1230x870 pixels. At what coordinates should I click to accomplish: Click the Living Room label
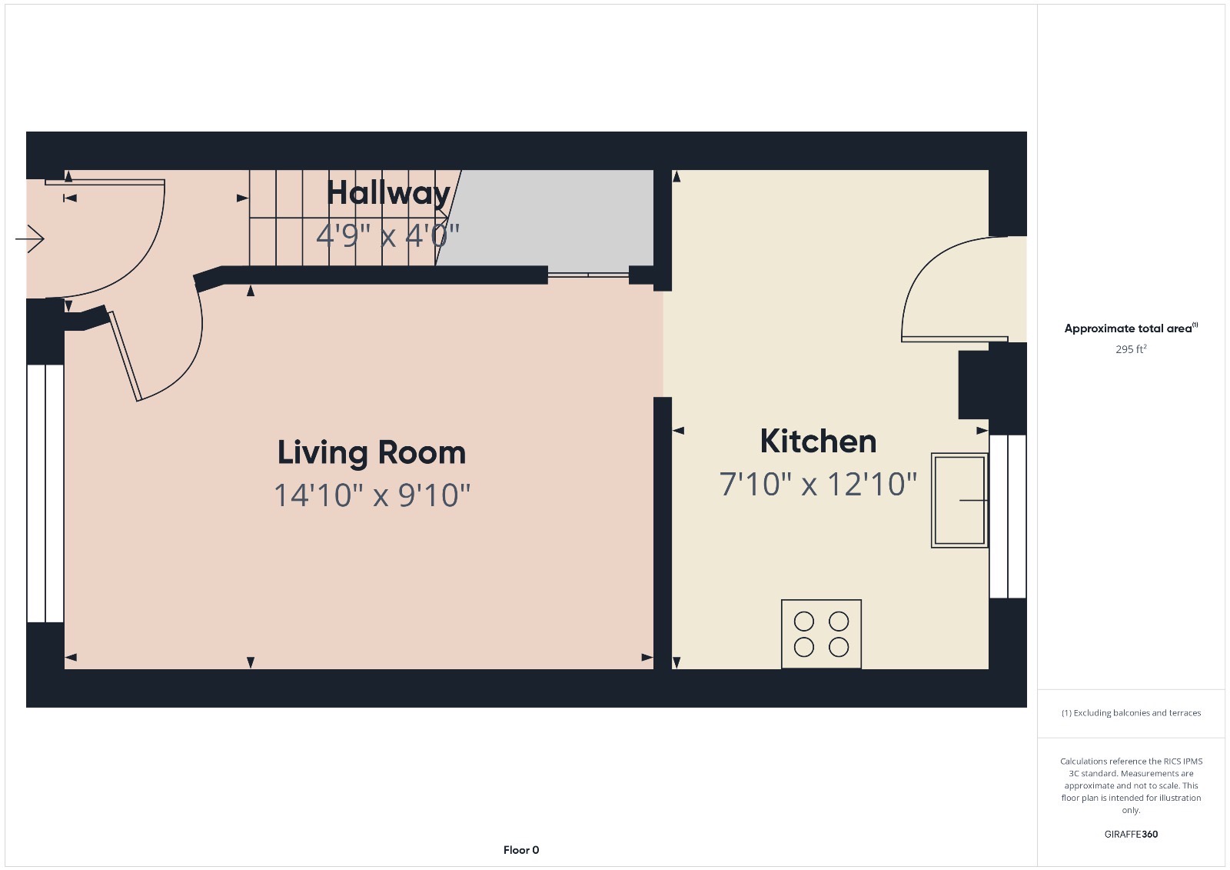click(371, 452)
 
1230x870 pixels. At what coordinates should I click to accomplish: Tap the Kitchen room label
click(818, 442)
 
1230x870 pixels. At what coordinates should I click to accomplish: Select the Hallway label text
click(388, 192)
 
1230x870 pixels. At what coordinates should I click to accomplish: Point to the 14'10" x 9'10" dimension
click(372, 495)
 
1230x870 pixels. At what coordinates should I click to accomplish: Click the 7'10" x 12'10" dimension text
click(818, 485)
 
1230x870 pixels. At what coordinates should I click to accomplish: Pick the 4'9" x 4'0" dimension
click(387, 235)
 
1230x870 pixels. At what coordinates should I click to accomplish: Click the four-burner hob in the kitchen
click(821, 634)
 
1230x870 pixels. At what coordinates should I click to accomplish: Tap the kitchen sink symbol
click(959, 500)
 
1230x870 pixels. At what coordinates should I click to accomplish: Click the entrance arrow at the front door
click(30, 238)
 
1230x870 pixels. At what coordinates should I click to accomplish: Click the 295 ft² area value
click(1131, 349)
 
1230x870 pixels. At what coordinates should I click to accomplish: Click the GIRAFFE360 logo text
click(1131, 834)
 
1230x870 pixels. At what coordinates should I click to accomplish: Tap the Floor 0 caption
click(521, 850)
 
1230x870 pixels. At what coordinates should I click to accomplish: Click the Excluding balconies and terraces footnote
click(1131, 713)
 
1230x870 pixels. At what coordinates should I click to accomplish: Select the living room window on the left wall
click(45, 493)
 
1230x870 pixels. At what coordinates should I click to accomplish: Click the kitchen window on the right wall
click(1007, 516)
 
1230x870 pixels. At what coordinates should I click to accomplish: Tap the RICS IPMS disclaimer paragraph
click(1131, 785)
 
